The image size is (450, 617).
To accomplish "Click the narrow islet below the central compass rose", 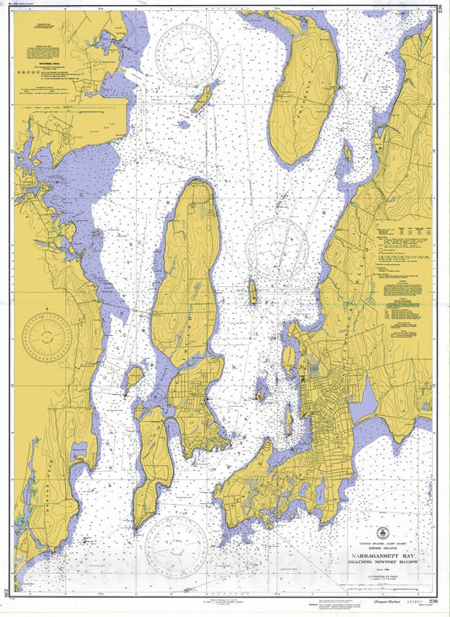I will coord(252,293).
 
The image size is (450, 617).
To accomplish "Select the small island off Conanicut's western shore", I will coord(133,377).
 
